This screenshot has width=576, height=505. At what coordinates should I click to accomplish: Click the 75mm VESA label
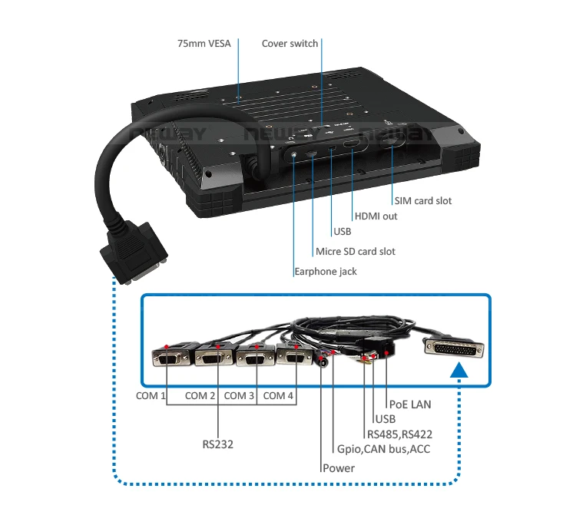coord(204,44)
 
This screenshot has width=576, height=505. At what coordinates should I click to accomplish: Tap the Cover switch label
coord(290,44)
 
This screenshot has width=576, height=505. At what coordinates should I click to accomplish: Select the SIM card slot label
coord(423,201)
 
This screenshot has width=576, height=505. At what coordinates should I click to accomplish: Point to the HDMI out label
coord(376,216)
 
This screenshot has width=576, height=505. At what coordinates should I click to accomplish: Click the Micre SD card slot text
coord(355,252)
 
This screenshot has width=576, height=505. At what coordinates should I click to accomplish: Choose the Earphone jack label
coord(325,271)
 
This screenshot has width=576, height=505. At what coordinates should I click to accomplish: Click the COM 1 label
coord(151,396)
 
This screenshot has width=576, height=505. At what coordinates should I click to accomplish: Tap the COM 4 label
coord(279,396)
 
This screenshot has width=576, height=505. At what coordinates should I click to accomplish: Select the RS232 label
coord(218,444)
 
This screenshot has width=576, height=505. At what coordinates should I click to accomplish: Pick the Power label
coord(339,468)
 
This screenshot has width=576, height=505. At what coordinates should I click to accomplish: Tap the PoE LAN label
coord(411,404)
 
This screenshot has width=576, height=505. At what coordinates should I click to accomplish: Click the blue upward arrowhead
coord(458,371)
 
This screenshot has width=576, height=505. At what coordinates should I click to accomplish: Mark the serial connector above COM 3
coord(253,358)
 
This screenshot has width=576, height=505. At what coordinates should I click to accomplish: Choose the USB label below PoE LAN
coord(385,419)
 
